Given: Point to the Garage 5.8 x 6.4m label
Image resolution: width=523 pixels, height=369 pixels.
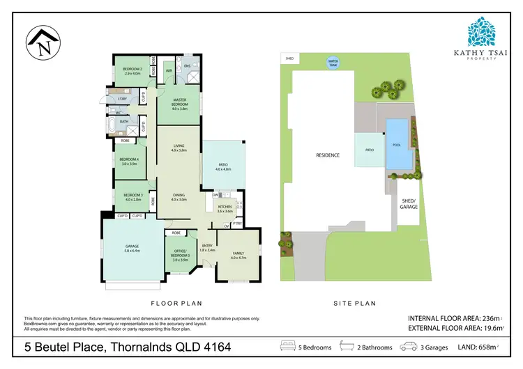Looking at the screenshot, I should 131,249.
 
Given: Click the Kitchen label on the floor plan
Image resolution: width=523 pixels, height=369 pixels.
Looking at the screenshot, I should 225,208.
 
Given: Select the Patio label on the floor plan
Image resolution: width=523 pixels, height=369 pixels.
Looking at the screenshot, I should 223,167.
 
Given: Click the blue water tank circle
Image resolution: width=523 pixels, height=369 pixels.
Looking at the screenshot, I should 333,63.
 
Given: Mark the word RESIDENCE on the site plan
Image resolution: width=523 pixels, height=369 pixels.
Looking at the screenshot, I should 327,155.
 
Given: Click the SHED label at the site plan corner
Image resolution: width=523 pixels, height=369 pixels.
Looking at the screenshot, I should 289,59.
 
